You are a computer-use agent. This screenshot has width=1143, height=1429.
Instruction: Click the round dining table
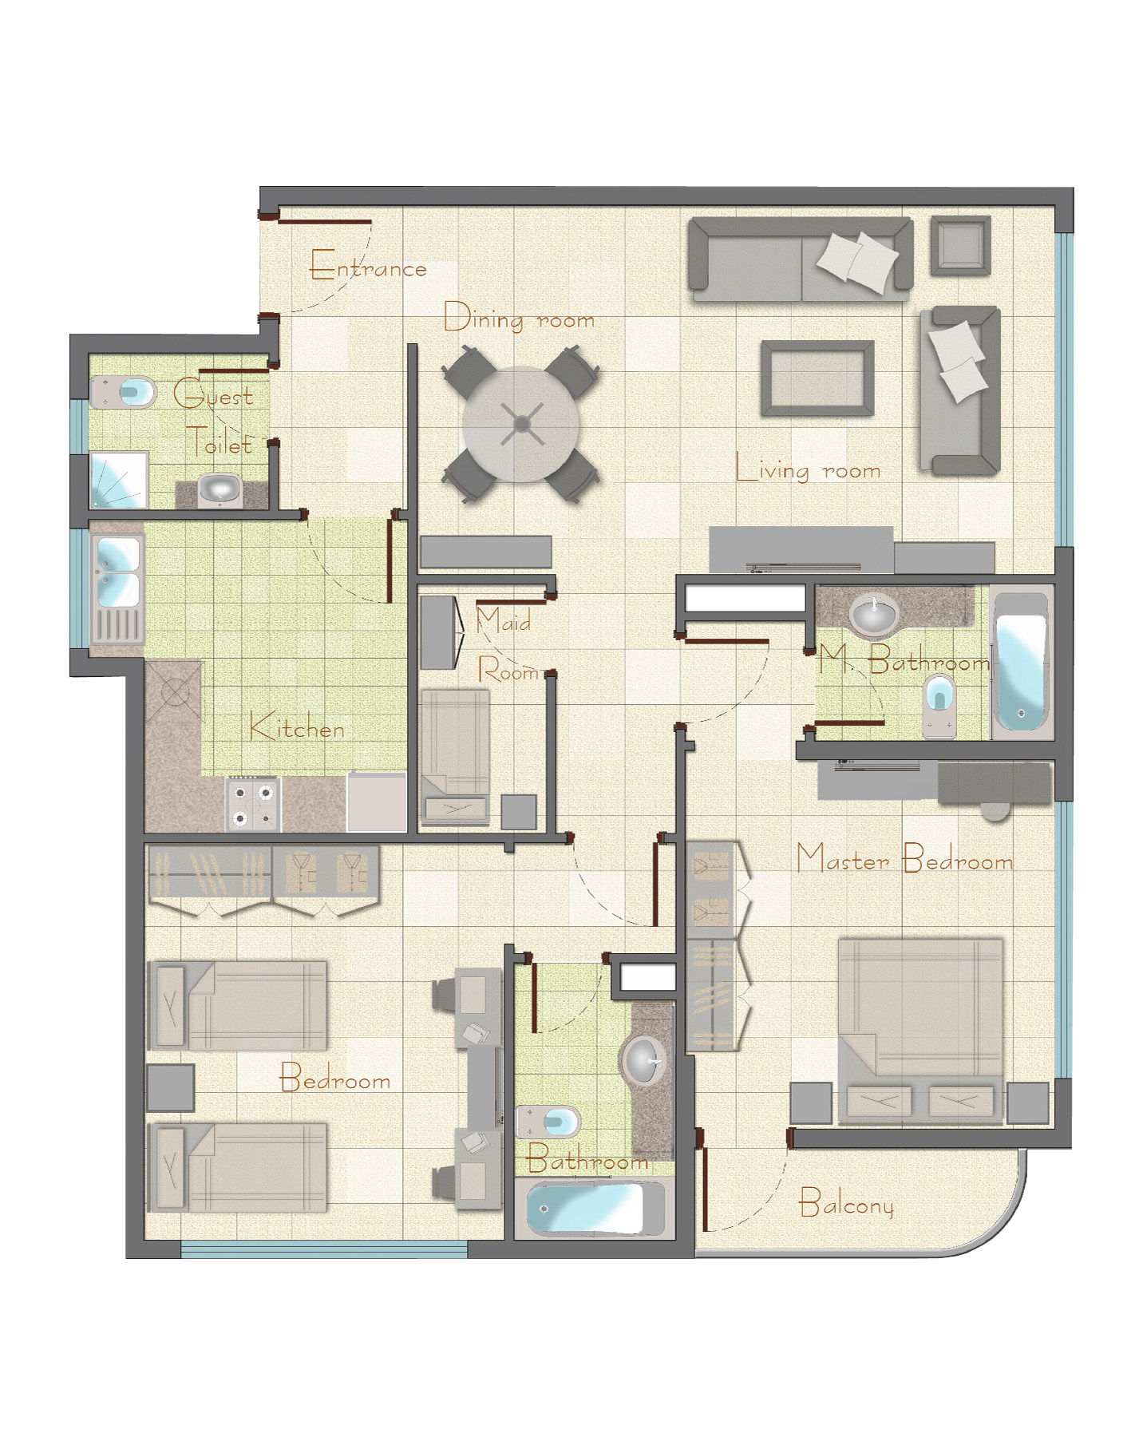[x=520, y=424]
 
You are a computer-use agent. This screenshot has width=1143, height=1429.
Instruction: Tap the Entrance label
[x=368, y=265]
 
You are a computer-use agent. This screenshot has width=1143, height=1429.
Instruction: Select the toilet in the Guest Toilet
[x=124, y=392]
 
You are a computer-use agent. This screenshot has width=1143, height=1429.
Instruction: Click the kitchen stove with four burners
[x=253, y=805]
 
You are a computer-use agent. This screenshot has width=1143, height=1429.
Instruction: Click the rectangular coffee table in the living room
[x=817, y=378]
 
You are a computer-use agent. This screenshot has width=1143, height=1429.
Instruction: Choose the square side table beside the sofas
[x=961, y=246]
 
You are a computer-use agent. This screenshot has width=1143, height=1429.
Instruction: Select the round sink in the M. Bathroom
[x=874, y=615]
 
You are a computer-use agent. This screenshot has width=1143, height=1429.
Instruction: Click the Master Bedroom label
[x=904, y=859]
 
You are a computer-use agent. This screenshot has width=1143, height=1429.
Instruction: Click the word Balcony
[x=846, y=1203]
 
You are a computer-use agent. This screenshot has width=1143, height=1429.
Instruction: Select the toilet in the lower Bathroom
[x=548, y=1122]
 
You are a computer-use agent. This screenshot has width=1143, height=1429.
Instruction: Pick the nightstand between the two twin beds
[x=171, y=1087]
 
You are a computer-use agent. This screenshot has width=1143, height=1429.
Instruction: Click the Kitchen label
[x=296, y=726]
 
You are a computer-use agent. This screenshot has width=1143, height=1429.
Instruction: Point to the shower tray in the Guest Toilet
[x=119, y=480]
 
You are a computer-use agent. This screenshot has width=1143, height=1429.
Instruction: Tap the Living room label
[x=808, y=469]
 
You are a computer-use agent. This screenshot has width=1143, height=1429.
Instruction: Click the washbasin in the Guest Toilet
[x=220, y=488]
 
